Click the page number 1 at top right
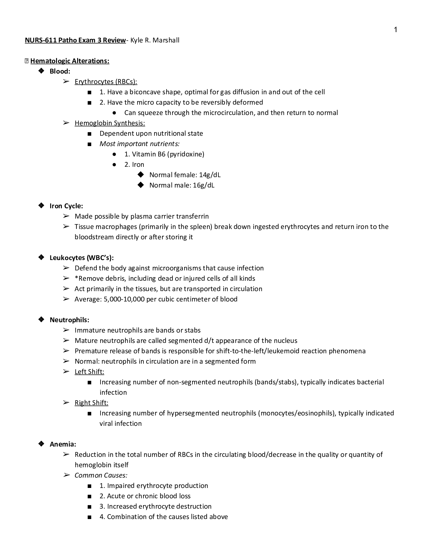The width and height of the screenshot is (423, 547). [396, 30]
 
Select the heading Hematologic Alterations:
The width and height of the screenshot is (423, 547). [70, 61]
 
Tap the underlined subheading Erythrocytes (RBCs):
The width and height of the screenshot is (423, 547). [106, 81]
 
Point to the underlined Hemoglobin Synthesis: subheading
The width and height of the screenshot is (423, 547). [110, 123]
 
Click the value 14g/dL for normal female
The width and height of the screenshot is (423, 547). [210, 175]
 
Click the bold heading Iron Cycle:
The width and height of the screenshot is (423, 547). [66, 206]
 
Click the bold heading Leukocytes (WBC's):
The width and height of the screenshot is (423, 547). [82, 258]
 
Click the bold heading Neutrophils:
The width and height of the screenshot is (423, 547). [69, 320]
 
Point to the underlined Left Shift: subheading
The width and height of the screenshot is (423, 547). [89, 372]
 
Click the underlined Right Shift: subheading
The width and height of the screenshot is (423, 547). [91, 403]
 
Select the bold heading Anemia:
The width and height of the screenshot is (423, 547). [63, 444]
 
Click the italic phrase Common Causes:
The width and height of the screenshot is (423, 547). [101, 475]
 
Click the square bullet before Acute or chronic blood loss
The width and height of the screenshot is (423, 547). [90, 496]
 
